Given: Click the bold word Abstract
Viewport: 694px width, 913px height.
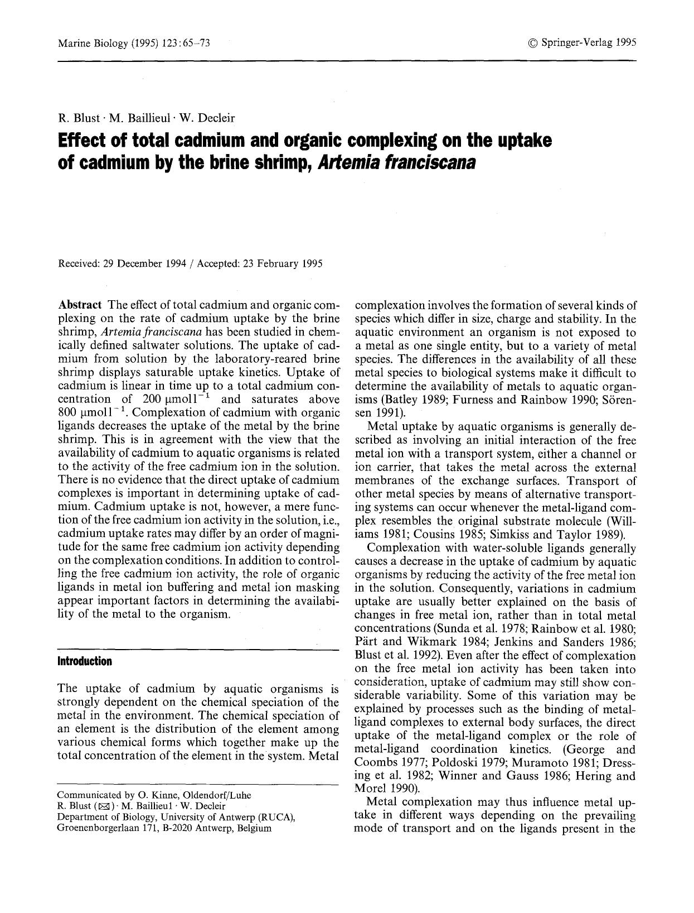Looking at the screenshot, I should click(80, 305).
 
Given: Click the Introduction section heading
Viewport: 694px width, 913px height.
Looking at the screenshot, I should click(84, 661).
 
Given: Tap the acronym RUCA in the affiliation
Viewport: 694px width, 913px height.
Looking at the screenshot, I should click(275, 817).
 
